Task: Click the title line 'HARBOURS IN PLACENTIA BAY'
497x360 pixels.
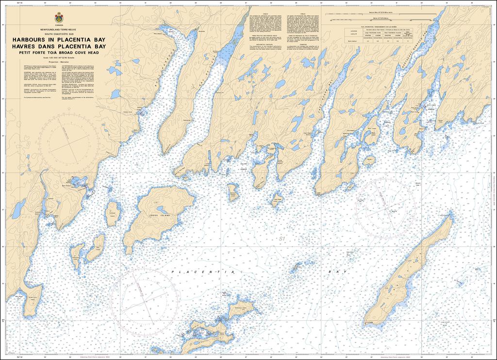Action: [59, 40]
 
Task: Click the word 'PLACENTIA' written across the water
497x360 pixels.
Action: [204, 272]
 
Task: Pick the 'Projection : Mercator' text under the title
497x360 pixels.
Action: [59, 62]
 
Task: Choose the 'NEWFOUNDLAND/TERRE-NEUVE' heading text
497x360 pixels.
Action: [59, 30]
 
